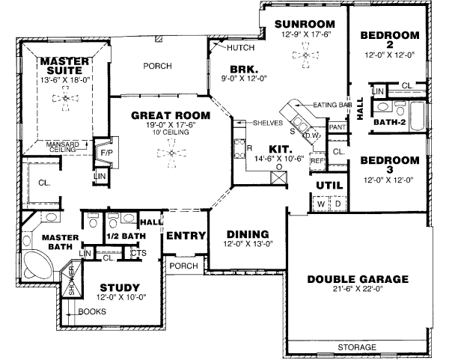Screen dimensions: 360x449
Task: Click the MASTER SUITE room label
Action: tap(65, 66)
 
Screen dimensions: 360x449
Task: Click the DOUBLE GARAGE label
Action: tap(358, 279)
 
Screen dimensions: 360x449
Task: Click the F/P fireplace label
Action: tap(105, 151)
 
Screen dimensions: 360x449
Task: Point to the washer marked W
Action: tap(320, 203)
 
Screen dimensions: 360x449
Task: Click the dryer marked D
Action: tap(337, 203)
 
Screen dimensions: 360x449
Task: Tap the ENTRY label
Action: tap(186, 236)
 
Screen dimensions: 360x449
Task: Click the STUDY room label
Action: tap(120, 287)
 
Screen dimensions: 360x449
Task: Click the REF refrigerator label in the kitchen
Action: tap(317, 160)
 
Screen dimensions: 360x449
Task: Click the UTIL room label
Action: tap(329, 184)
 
